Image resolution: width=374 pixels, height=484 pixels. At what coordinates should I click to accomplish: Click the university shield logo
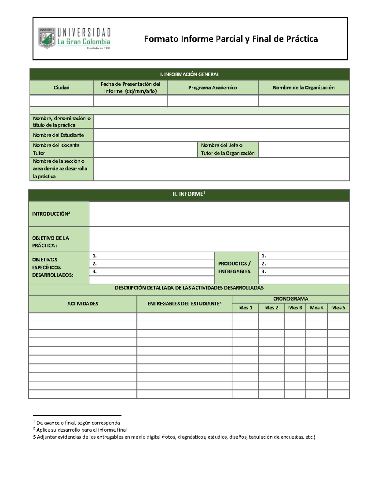click(x=47, y=38)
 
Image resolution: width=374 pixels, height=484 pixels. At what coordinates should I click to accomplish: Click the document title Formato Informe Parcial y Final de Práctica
click(x=231, y=39)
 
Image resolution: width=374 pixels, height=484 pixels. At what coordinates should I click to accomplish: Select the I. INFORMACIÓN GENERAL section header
click(x=189, y=74)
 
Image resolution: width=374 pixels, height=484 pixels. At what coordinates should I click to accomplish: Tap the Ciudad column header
click(x=61, y=88)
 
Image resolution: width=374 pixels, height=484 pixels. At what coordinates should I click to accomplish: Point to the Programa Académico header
click(x=213, y=88)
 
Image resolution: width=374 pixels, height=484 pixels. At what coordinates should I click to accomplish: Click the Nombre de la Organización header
click(x=304, y=88)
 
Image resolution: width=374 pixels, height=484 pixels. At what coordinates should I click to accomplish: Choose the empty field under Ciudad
click(x=61, y=101)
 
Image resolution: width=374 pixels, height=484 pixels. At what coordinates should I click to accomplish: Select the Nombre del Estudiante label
click(x=58, y=135)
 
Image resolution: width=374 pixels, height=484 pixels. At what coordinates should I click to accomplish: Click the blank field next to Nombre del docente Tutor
click(x=145, y=149)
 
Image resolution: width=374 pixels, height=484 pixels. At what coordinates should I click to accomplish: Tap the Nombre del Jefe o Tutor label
click(x=228, y=149)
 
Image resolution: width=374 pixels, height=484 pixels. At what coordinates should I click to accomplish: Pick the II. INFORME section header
click(x=189, y=194)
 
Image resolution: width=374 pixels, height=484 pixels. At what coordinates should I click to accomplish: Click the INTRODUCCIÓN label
click(x=51, y=214)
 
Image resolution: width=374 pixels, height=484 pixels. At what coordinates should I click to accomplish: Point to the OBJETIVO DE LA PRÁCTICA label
click(x=50, y=242)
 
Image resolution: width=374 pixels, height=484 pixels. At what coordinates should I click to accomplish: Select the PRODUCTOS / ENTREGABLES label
click(x=234, y=267)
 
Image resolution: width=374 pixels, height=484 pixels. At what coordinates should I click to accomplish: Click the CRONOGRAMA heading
click(x=290, y=299)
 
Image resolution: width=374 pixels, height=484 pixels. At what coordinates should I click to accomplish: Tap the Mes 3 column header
click(x=295, y=308)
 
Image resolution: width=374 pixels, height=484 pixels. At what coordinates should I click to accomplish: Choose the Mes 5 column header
click(x=338, y=308)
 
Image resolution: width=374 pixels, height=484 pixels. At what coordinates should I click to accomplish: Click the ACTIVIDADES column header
click(x=83, y=304)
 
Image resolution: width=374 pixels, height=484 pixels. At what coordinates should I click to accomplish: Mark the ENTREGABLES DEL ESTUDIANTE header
click(x=184, y=304)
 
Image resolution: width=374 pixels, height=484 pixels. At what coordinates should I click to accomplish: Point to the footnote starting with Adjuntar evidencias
click(x=175, y=437)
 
